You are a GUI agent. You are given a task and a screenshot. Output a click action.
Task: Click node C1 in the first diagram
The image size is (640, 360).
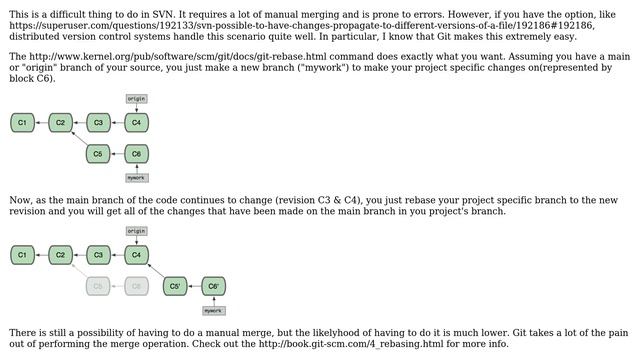click(x=22, y=123)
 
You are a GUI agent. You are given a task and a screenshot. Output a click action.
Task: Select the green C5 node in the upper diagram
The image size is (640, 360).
click(x=98, y=154)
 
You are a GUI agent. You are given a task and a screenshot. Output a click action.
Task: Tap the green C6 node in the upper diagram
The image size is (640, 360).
click(x=137, y=154)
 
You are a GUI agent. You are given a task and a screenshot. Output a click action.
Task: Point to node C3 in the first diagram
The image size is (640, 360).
click(x=98, y=123)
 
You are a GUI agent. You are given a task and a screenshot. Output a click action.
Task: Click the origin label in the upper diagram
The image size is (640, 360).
click(x=137, y=99)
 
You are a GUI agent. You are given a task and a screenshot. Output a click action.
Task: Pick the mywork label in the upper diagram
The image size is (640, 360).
click(x=137, y=178)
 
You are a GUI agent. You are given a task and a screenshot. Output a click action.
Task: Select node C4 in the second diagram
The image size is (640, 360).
click(x=137, y=255)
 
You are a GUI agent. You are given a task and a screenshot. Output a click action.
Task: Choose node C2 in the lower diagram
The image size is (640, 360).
click(x=60, y=255)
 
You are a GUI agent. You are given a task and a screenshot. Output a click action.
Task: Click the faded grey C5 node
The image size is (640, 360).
click(x=98, y=286)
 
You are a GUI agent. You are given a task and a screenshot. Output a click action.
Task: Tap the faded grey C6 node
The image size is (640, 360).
click(x=137, y=286)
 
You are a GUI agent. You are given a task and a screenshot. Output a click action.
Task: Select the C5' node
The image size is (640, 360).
click(x=176, y=286)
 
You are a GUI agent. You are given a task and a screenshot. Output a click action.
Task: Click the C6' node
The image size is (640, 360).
click(x=214, y=286)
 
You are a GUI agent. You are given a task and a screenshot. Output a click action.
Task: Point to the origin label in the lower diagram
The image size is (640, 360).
click(x=137, y=231)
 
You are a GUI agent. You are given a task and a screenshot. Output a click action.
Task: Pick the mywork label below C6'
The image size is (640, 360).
click(x=214, y=310)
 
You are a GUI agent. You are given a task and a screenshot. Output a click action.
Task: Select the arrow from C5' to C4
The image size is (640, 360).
click(x=156, y=271)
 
